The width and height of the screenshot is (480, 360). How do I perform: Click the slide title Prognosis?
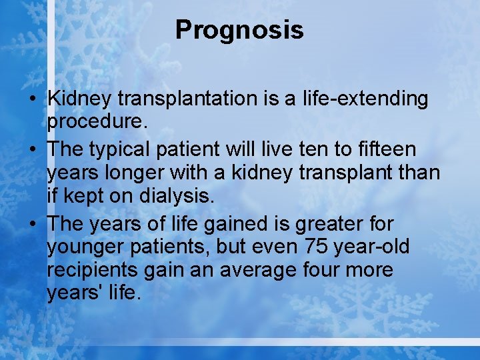pos(239,30)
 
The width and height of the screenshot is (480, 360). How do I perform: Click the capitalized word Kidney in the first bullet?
pos(79,99)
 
